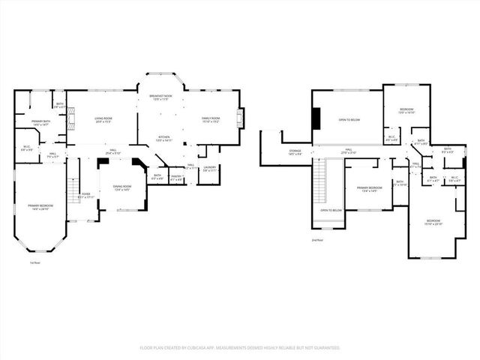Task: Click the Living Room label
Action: tap(103, 120)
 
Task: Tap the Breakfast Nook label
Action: tap(160, 98)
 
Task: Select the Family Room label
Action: tap(211, 120)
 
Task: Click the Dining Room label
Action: tap(122, 187)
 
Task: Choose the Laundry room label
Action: tap(210, 169)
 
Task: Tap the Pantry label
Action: tap(176, 178)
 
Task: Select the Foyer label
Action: tap(86, 195)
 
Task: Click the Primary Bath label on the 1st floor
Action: tap(40, 122)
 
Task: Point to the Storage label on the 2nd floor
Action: tap(295, 152)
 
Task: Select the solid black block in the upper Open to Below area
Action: tap(316, 118)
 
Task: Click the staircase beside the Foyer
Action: tap(74, 191)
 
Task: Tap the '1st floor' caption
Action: tap(34, 262)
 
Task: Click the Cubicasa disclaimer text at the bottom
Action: tap(240, 348)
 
